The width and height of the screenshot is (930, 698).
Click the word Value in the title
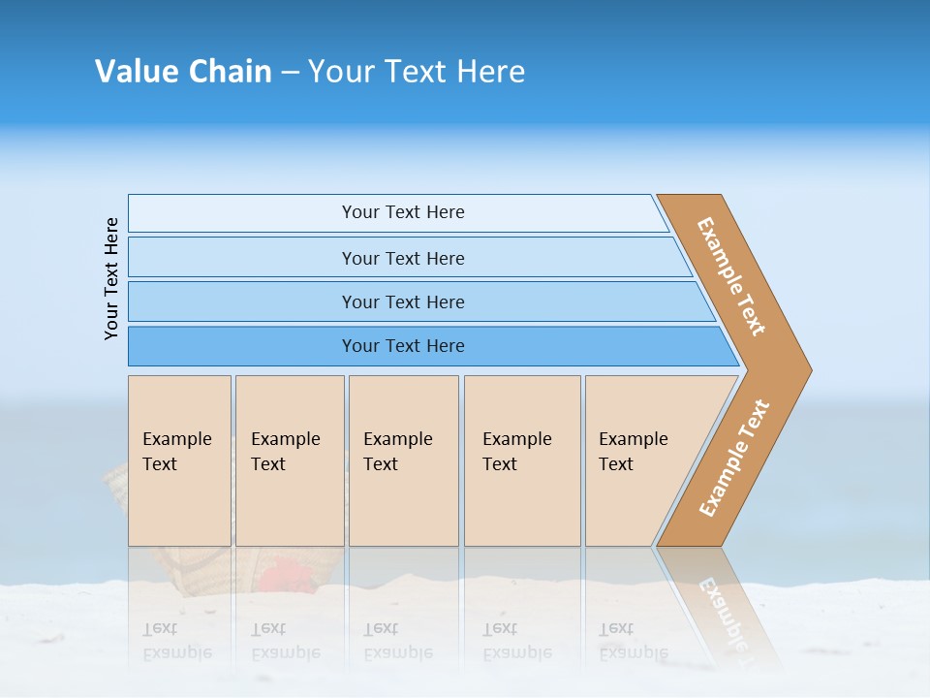(136, 72)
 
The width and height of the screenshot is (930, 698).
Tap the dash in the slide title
(290, 73)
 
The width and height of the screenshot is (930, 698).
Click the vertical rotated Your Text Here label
(112, 278)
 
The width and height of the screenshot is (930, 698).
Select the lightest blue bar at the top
(402, 212)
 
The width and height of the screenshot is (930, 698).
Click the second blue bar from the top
(402, 258)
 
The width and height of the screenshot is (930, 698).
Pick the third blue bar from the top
(402, 301)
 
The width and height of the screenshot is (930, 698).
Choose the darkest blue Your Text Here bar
(402, 346)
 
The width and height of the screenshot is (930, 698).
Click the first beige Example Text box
(179, 460)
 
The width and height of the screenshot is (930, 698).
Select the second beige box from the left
(290, 460)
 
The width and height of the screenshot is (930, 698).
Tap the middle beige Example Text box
(403, 460)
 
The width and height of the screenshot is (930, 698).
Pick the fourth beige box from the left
(522, 460)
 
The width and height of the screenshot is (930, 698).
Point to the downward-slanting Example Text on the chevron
(731, 276)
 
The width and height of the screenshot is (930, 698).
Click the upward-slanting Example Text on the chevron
(733, 459)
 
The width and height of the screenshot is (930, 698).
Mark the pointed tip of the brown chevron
(809, 369)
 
